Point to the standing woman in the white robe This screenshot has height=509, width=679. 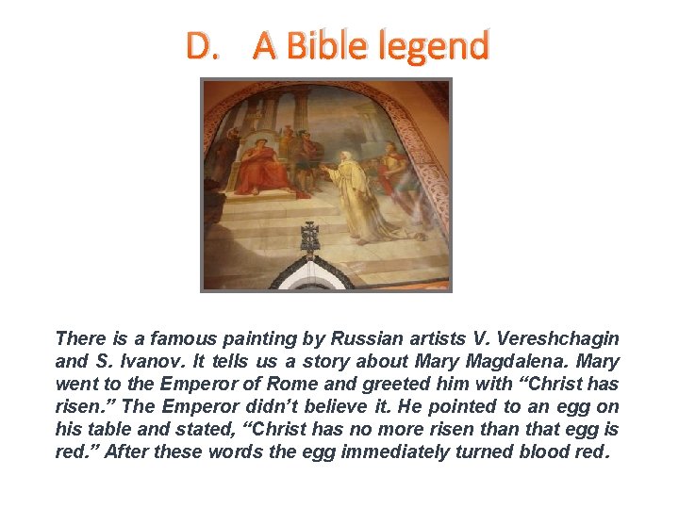pos(363,193)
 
